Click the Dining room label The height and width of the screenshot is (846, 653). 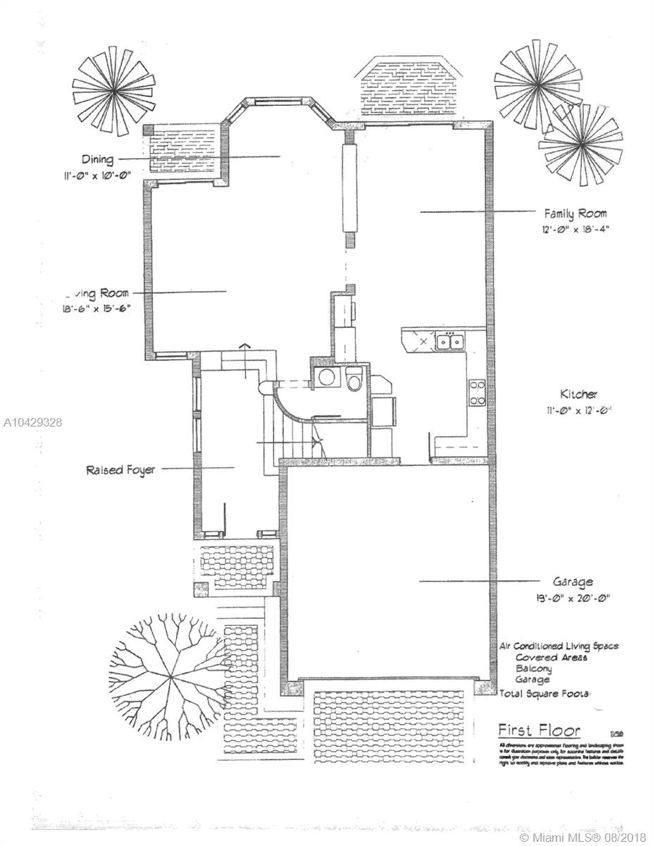pos(97,159)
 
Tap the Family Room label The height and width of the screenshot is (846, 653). pos(575,212)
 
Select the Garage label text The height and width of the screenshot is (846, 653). pos(572,582)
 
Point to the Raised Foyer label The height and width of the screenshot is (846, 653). pos(120,470)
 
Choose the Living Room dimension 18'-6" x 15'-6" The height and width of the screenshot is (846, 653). pos(96,307)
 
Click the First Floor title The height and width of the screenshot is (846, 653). pos(539,730)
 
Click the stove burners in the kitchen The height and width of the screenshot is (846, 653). pos(477,393)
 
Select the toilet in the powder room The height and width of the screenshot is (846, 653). pos(354,379)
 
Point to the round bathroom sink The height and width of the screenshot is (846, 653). pos(327,377)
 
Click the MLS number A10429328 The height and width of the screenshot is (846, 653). pos(32,422)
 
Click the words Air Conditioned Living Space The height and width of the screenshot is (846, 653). pos(559,646)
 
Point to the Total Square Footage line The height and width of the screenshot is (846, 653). pos(545,694)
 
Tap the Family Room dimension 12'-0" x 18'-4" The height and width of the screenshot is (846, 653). pos(574,228)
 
